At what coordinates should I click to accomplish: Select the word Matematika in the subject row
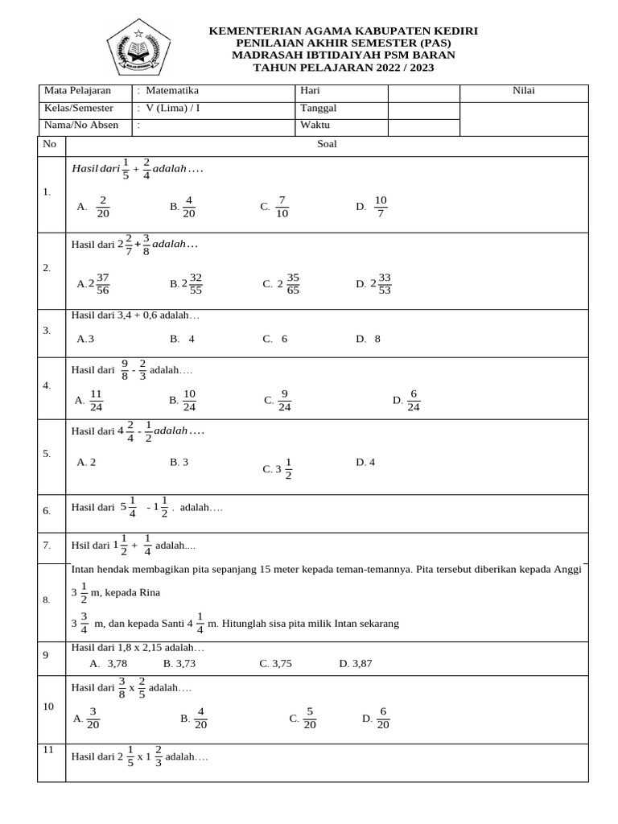point(172,91)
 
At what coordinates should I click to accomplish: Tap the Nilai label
point(524,91)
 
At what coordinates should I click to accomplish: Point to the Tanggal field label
point(318,108)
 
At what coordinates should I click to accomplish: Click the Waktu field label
point(315,125)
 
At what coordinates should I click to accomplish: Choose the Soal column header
point(327,145)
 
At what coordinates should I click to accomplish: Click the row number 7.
point(47,546)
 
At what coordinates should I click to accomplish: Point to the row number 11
point(48,749)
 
